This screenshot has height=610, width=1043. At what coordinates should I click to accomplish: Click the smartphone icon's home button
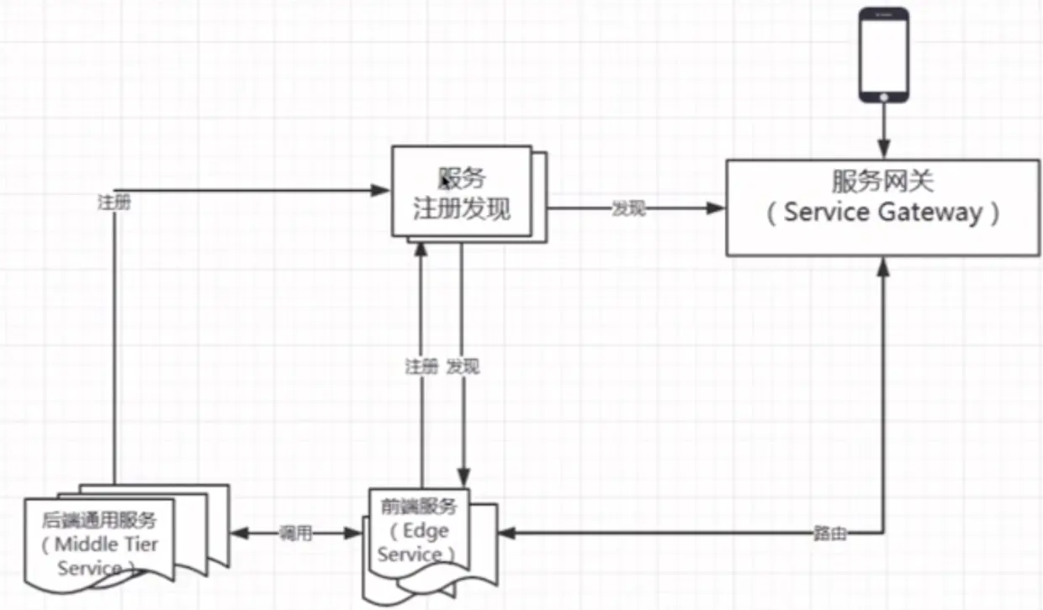coord(883,97)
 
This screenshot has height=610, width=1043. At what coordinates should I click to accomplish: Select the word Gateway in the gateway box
coord(931,212)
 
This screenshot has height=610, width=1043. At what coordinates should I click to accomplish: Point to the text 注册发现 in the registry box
coord(461,208)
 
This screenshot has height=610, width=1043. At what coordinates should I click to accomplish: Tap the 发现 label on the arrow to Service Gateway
coord(628,209)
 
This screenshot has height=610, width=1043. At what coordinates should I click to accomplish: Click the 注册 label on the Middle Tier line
coord(114,203)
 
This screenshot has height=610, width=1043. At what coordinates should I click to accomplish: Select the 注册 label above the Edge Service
coord(421,367)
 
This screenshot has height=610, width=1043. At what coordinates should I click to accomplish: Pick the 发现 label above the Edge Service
coord(463,367)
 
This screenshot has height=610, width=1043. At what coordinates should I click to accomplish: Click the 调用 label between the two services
coord(296,534)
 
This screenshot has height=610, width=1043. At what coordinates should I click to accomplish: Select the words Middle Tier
coord(107,544)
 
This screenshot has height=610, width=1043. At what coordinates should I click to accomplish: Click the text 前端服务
coord(418,507)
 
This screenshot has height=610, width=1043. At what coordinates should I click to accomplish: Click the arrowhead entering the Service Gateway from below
coord(883,265)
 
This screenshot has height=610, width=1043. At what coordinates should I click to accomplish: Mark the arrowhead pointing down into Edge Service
coord(461,477)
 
